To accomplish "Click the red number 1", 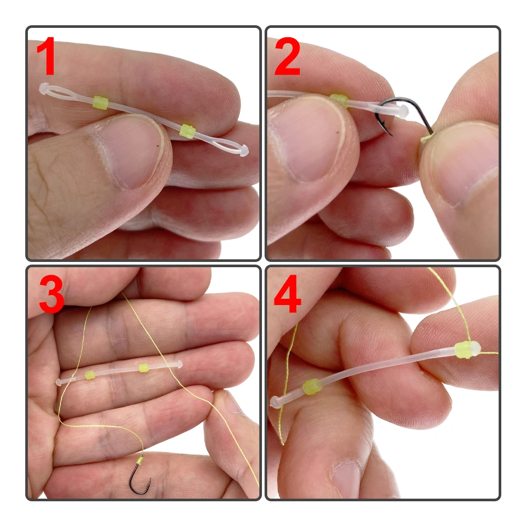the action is pyautogui.click(x=46, y=56).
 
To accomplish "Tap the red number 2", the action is pyautogui.click(x=287, y=57).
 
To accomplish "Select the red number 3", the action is pyautogui.click(x=52, y=295).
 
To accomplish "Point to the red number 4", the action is pyautogui.click(x=288, y=294).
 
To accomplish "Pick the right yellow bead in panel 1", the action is pyautogui.click(x=187, y=131).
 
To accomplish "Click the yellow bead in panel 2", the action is pyautogui.click(x=339, y=100).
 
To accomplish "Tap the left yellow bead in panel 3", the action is pyautogui.click(x=90, y=375).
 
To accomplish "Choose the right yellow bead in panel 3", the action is pyautogui.click(x=144, y=368).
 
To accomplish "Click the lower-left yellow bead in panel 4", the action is pyautogui.click(x=312, y=387).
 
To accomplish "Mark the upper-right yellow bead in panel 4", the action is pyautogui.click(x=464, y=350).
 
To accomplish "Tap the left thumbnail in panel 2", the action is pyautogui.click(x=309, y=141).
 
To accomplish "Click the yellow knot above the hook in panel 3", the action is pyautogui.click(x=139, y=460).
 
